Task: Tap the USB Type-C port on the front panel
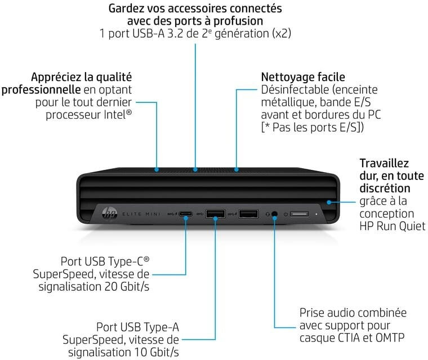[x=186, y=214]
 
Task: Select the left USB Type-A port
[x=215, y=214]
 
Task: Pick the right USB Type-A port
[x=248, y=214]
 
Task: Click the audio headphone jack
[x=275, y=214]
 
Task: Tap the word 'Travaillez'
[x=384, y=164]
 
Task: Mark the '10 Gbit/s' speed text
[x=152, y=352]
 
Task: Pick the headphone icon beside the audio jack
[x=267, y=214]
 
